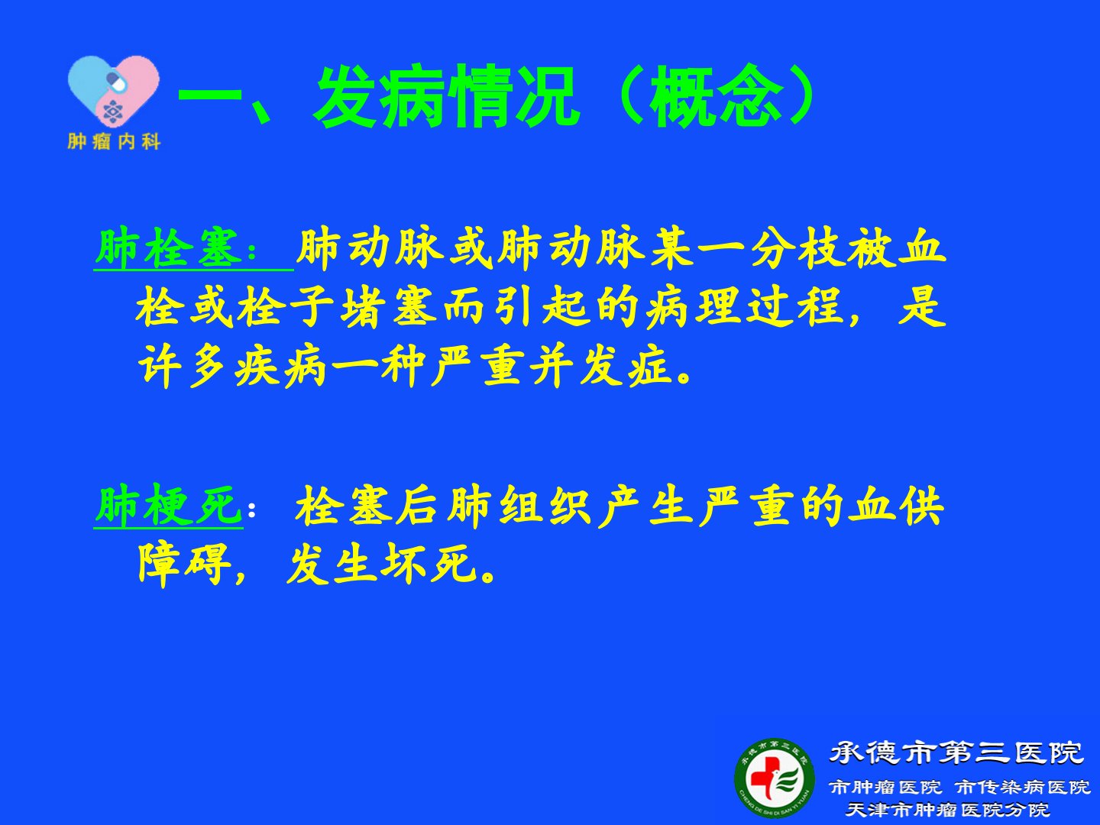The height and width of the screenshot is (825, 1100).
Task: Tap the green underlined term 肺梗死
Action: [168, 506]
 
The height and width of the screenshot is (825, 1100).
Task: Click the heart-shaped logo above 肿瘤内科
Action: [114, 91]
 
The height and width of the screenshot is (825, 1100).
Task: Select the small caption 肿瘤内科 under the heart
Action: [115, 142]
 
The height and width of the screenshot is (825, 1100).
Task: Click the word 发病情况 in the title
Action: [446, 95]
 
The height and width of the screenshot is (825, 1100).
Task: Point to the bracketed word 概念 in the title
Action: [716, 95]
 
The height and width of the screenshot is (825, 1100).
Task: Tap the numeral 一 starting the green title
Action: [210, 96]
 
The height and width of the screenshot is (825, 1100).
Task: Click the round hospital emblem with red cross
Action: [775, 778]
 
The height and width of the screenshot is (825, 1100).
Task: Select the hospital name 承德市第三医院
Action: [956, 753]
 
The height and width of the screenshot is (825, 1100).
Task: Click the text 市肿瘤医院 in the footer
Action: [885, 788]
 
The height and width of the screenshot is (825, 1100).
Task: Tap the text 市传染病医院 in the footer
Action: [1023, 788]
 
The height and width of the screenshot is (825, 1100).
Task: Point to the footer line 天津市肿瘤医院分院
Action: [947, 810]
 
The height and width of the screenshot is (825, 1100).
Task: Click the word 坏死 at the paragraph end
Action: [429, 564]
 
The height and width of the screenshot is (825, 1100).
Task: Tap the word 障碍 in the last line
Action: [184, 564]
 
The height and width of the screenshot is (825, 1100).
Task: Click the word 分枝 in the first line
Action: [797, 248]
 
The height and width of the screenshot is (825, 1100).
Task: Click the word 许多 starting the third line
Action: [182, 367]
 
